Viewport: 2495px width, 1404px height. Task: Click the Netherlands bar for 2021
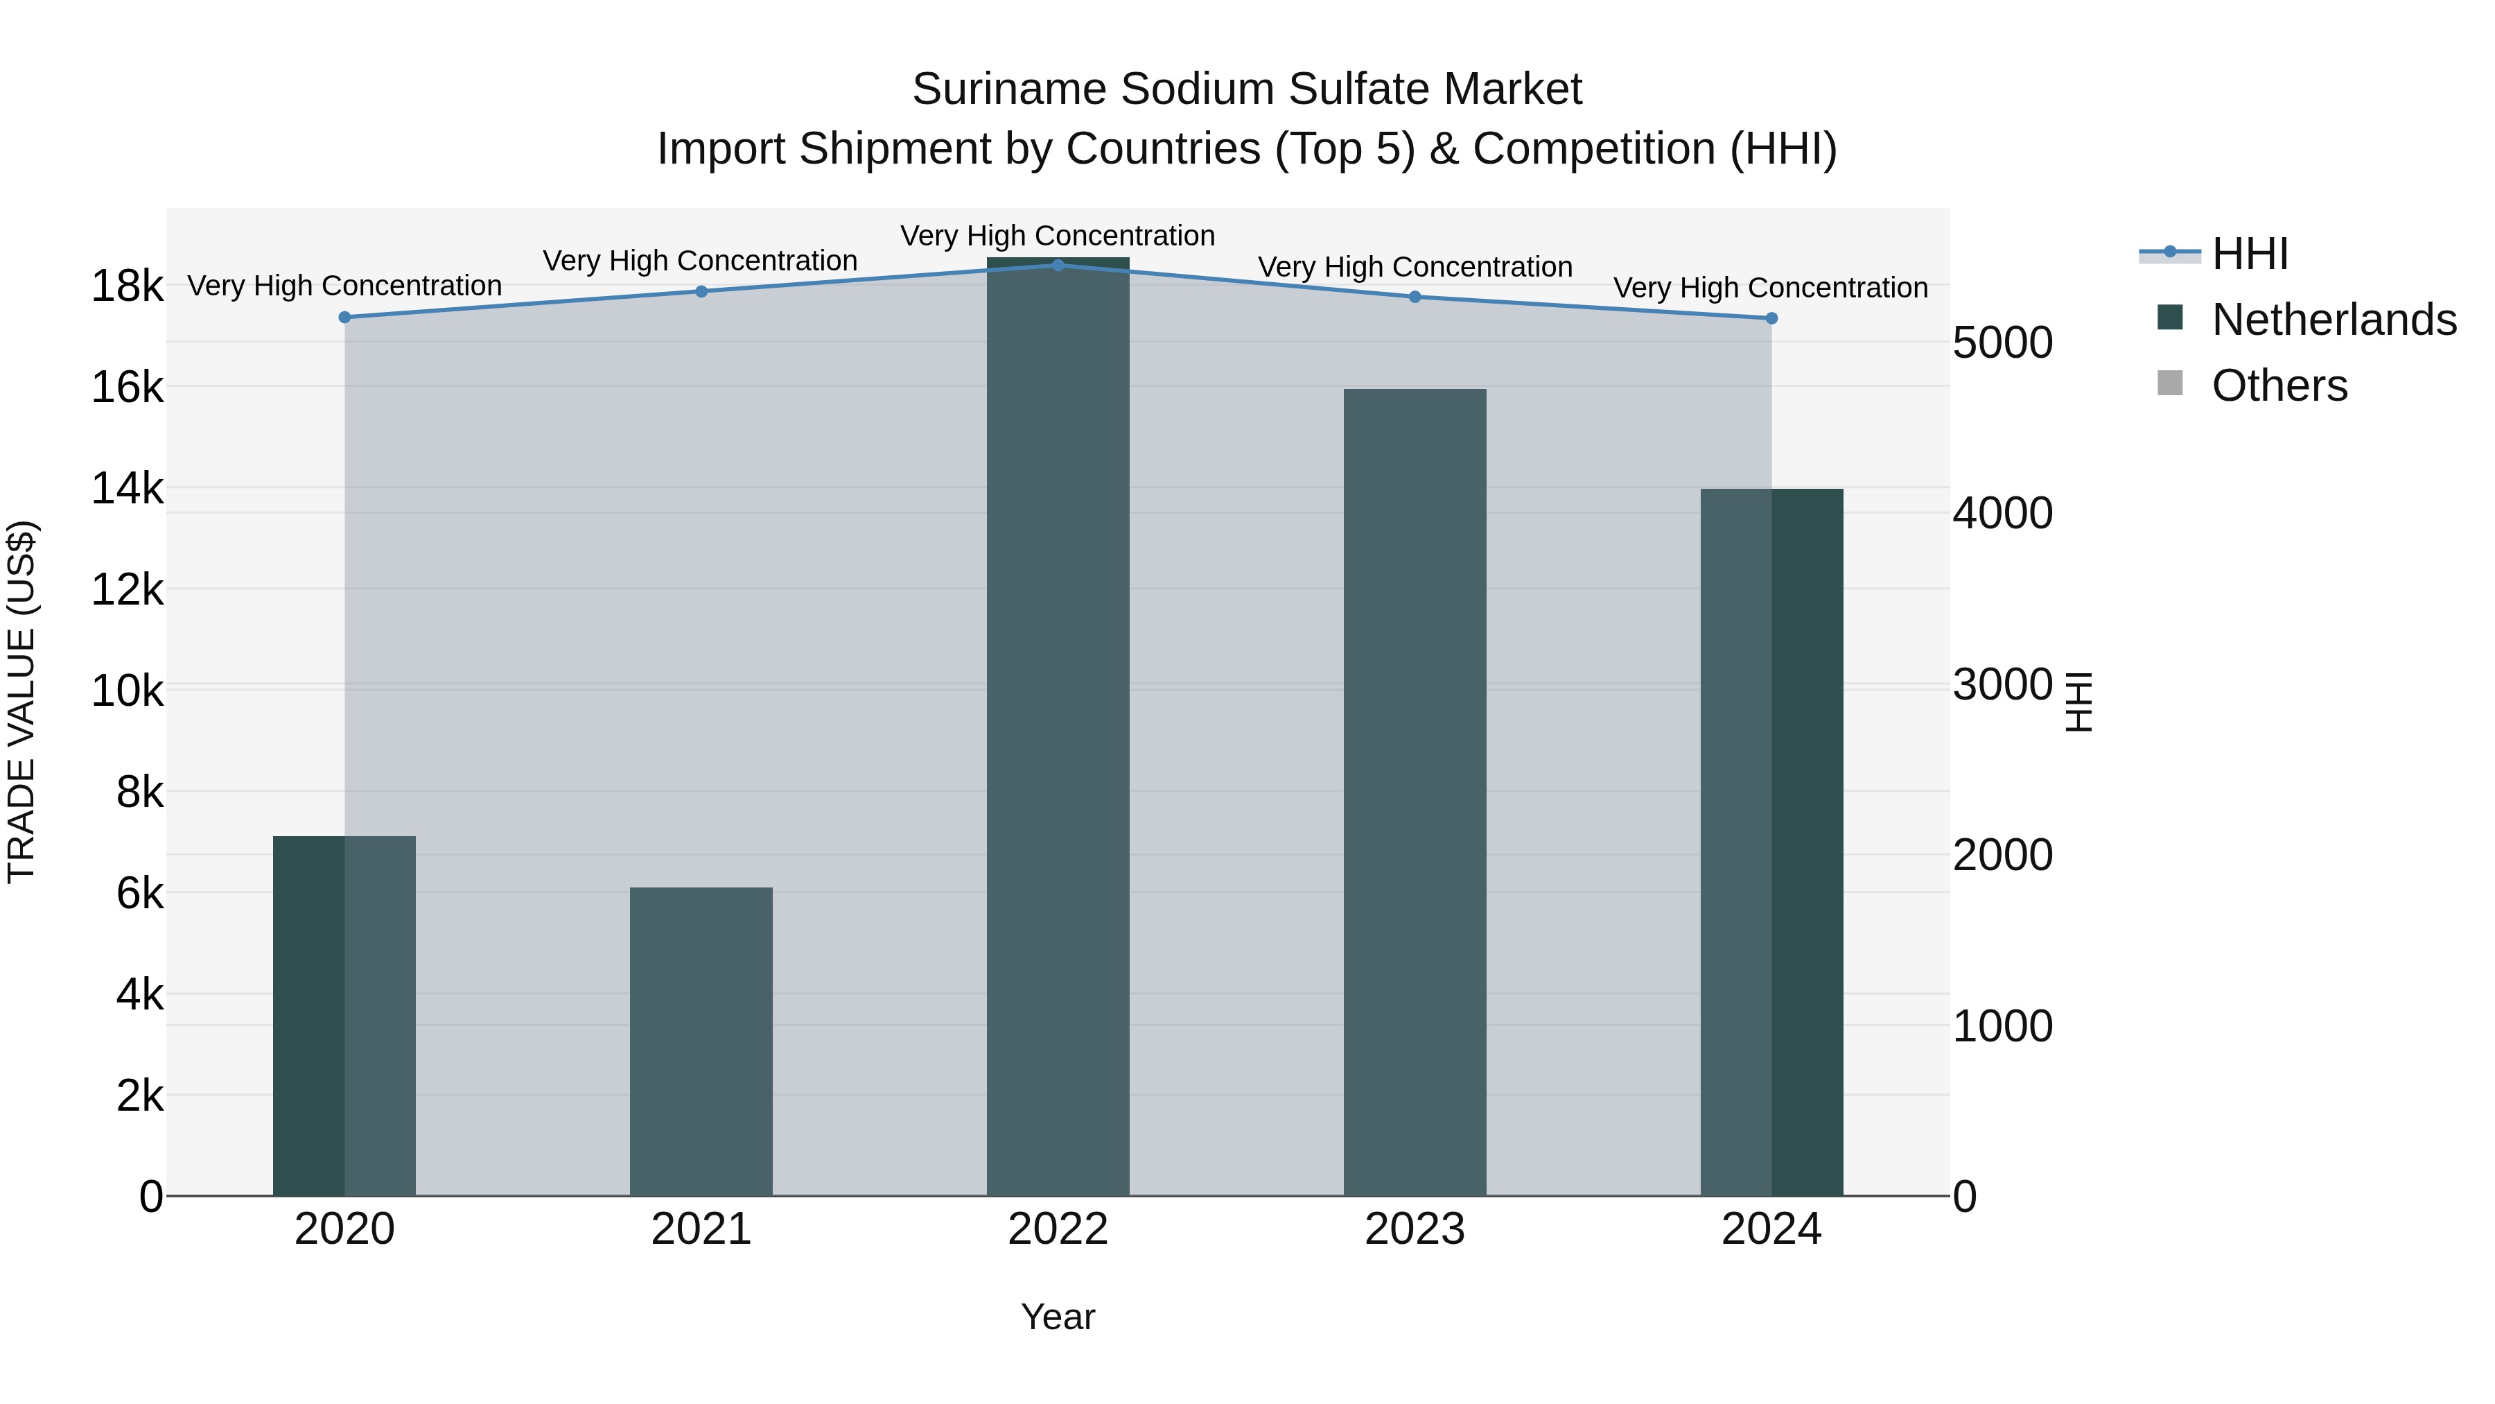(701, 1041)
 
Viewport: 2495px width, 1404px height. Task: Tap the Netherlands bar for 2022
(1058, 727)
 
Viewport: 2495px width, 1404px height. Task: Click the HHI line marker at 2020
(345, 317)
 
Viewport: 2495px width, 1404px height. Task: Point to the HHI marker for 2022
(1058, 265)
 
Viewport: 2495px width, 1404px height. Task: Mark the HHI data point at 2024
(1771, 318)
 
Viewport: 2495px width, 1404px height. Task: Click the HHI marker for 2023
(1415, 297)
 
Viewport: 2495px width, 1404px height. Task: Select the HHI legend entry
(2250, 254)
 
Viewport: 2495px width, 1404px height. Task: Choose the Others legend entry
(2279, 385)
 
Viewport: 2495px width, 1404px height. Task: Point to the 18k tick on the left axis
(127, 287)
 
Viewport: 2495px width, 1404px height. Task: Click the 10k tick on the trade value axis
(127, 692)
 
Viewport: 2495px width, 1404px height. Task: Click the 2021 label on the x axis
(701, 1229)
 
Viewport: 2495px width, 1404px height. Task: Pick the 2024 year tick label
(1771, 1229)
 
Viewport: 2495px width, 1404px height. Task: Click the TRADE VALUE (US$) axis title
(21, 702)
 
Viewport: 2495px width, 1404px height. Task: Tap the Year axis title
(1058, 1317)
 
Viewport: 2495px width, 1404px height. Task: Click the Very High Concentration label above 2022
(1058, 236)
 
